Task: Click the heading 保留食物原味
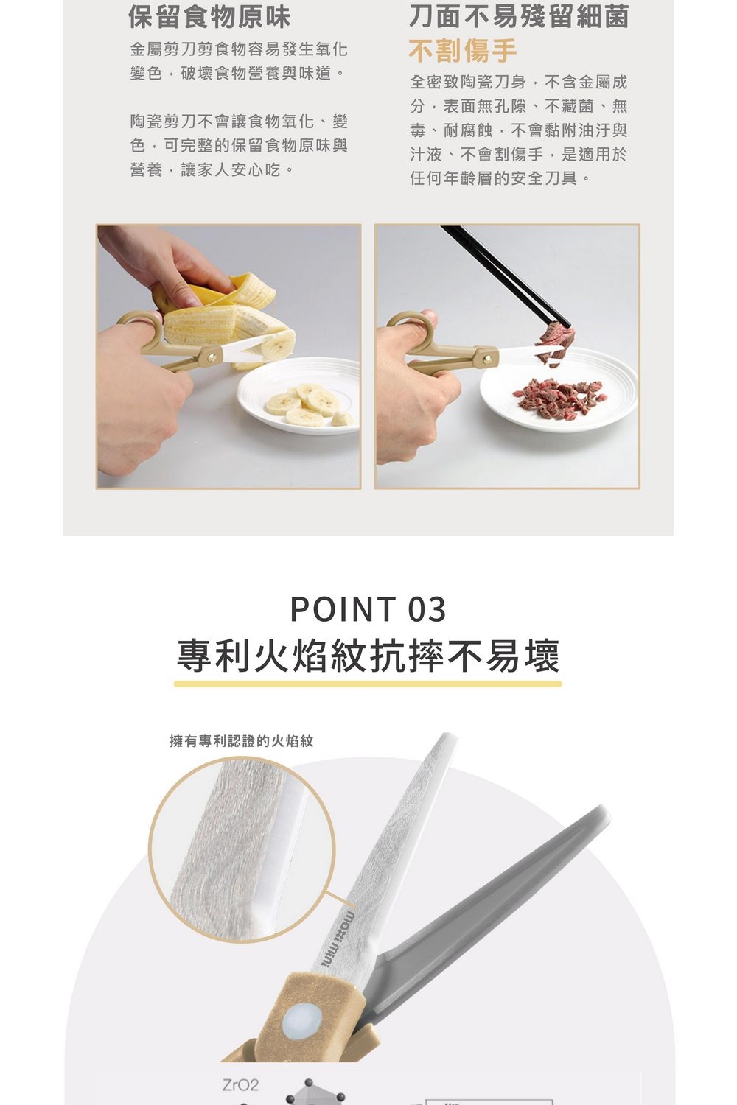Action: pyautogui.click(x=209, y=17)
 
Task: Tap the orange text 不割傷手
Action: pyautogui.click(x=463, y=51)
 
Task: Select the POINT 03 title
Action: pyautogui.click(x=368, y=609)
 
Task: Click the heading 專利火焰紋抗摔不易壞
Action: pyautogui.click(x=368, y=656)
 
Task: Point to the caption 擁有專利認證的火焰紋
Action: pyautogui.click(x=242, y=741)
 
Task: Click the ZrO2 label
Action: pyautogui.click(x=240, y=1085)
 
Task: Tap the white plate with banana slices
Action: pyautogui.click(x=298, y=396)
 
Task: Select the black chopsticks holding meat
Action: pyautogui.click(x=506, y=277)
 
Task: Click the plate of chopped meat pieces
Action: pyautogui.click(x=558, y=390)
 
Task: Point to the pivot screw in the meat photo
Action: pyautogui.click(x=489, y=357)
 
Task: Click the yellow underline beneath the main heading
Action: pyautogui.click(x=368, y=684)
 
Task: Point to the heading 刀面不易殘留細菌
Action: pyautogui.click(x=519, y=17)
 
